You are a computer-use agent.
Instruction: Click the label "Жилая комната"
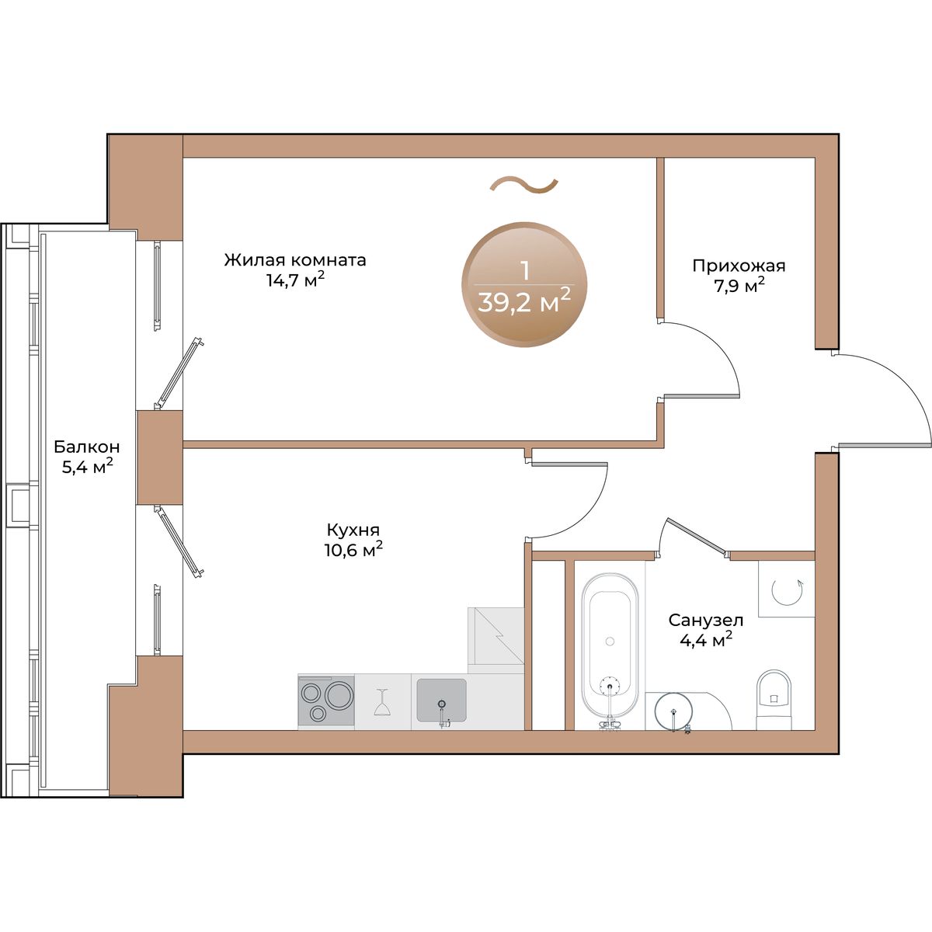[x=295, y=260]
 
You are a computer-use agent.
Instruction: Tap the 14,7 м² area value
[x=295, y=280]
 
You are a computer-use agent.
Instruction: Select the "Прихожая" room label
[x=739, y=266]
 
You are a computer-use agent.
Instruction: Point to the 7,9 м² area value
[x=739, y=286]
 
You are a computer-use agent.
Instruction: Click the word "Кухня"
[x=353, y=530]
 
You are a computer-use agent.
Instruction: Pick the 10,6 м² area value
[x=353, y=549]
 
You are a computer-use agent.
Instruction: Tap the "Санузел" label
[x=706, y=620]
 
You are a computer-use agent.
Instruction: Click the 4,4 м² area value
[x=706, y=639]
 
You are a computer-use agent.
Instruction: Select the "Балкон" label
[x=86, y=447]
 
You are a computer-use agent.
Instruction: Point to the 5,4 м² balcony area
[x=88, y=467]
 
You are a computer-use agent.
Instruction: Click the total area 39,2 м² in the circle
[x=524, y=302]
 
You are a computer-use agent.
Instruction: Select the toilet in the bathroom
[x=774, y=699]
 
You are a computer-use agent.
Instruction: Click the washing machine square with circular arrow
[x=787, y=589]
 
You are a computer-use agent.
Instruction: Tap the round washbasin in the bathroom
[x=673, y=711]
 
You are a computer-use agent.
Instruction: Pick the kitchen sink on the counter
[x=442, y=701]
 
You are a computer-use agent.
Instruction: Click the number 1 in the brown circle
[x=525, y=271]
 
